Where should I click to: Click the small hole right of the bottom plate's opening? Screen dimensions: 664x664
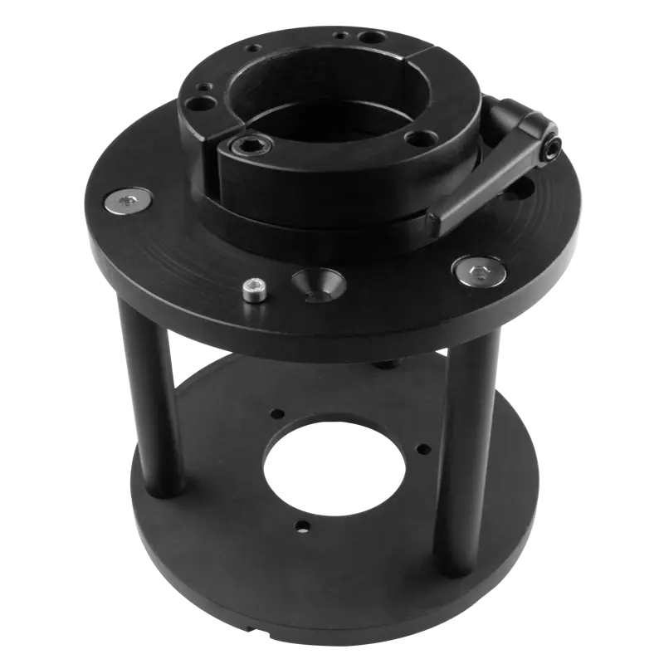coord(424,449)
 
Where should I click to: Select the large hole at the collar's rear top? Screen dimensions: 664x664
coord(367,38)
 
